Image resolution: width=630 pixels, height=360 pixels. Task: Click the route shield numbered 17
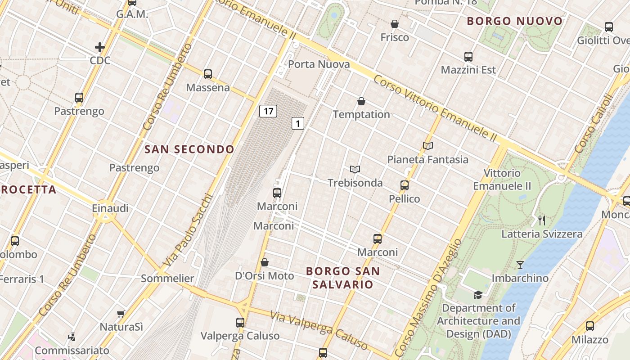coord(268,111)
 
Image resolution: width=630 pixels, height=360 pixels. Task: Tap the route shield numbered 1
coord(297,123)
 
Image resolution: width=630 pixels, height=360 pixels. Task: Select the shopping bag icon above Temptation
coord(361,101)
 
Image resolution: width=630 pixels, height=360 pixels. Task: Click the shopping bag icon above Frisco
coord(395,24)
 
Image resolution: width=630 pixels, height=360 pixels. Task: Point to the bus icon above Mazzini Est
coord(468,57)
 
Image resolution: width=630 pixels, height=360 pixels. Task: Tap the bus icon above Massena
coord(207,74)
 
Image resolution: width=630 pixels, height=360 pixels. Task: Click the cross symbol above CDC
coord(99,47)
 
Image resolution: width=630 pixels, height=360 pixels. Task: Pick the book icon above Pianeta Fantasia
coord(428,146)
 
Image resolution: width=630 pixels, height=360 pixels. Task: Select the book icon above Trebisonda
coord(355,170)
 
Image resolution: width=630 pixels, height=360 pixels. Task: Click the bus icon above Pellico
coord(404,185)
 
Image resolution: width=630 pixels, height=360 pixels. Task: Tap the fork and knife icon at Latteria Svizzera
coord(542,220)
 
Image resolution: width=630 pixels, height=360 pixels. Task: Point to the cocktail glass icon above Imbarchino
coord(520,265)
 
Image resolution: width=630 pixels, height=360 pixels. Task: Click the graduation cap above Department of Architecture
coord(478,295)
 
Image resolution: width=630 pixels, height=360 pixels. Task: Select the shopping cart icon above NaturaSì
coord(121,314)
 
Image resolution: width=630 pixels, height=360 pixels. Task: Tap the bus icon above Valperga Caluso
coord(240,323)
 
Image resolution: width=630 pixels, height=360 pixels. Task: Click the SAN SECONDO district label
coord(189,149)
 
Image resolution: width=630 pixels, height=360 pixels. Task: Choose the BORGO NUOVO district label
coord(515,21)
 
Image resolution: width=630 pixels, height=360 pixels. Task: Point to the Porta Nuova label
coord(319,64)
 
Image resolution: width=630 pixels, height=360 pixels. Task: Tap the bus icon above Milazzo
coord(589,326)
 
